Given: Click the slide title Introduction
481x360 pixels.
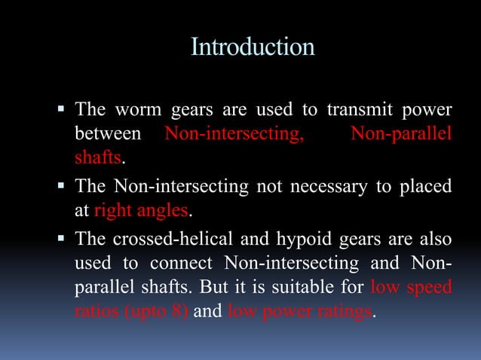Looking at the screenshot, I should click(253, 47).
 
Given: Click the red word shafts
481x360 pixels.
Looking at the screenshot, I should click(97, 158).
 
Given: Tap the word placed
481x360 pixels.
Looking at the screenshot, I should click(427, 186).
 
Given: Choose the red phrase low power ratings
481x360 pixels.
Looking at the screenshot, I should click(299, 312).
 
